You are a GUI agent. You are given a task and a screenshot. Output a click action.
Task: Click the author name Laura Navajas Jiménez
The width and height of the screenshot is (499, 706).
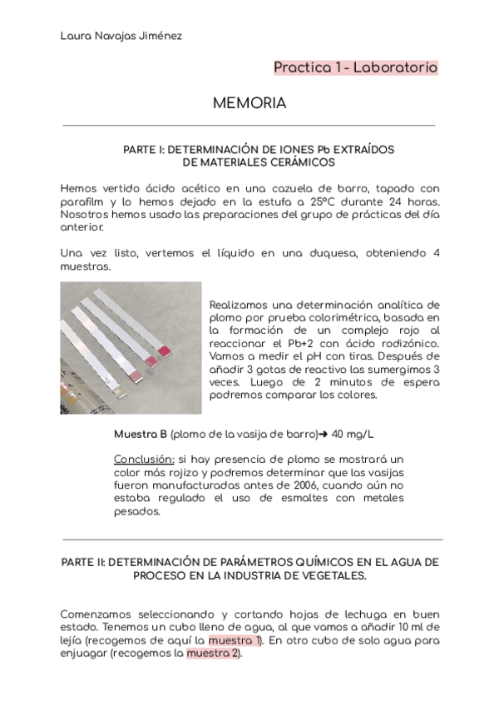coord(122,36)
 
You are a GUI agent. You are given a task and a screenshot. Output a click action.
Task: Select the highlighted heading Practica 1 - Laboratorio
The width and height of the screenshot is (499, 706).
coord(356,67)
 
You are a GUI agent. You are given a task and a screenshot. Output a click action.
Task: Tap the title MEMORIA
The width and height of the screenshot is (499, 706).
coord(249,103)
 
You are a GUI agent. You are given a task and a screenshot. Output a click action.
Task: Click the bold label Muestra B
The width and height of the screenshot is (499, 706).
coord(140,434)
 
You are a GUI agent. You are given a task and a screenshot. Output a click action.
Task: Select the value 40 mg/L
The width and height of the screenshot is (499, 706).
coord(353,434)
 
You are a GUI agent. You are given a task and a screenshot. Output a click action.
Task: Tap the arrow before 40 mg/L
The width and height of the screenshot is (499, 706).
coord(324,434)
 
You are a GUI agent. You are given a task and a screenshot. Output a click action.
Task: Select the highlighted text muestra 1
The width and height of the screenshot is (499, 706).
coord(235,640)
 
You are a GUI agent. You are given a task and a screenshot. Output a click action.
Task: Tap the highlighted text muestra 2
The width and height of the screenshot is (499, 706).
coord(213,654)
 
